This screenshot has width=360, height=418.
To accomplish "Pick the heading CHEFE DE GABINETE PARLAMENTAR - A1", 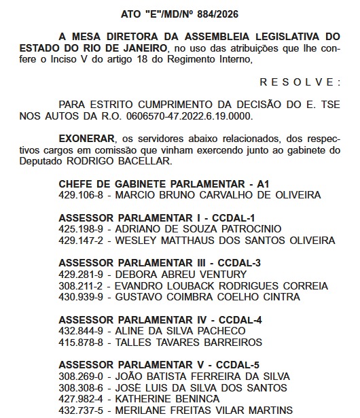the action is tap(165, 184).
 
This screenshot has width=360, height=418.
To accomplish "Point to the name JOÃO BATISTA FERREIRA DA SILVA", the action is tap(203, 376).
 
